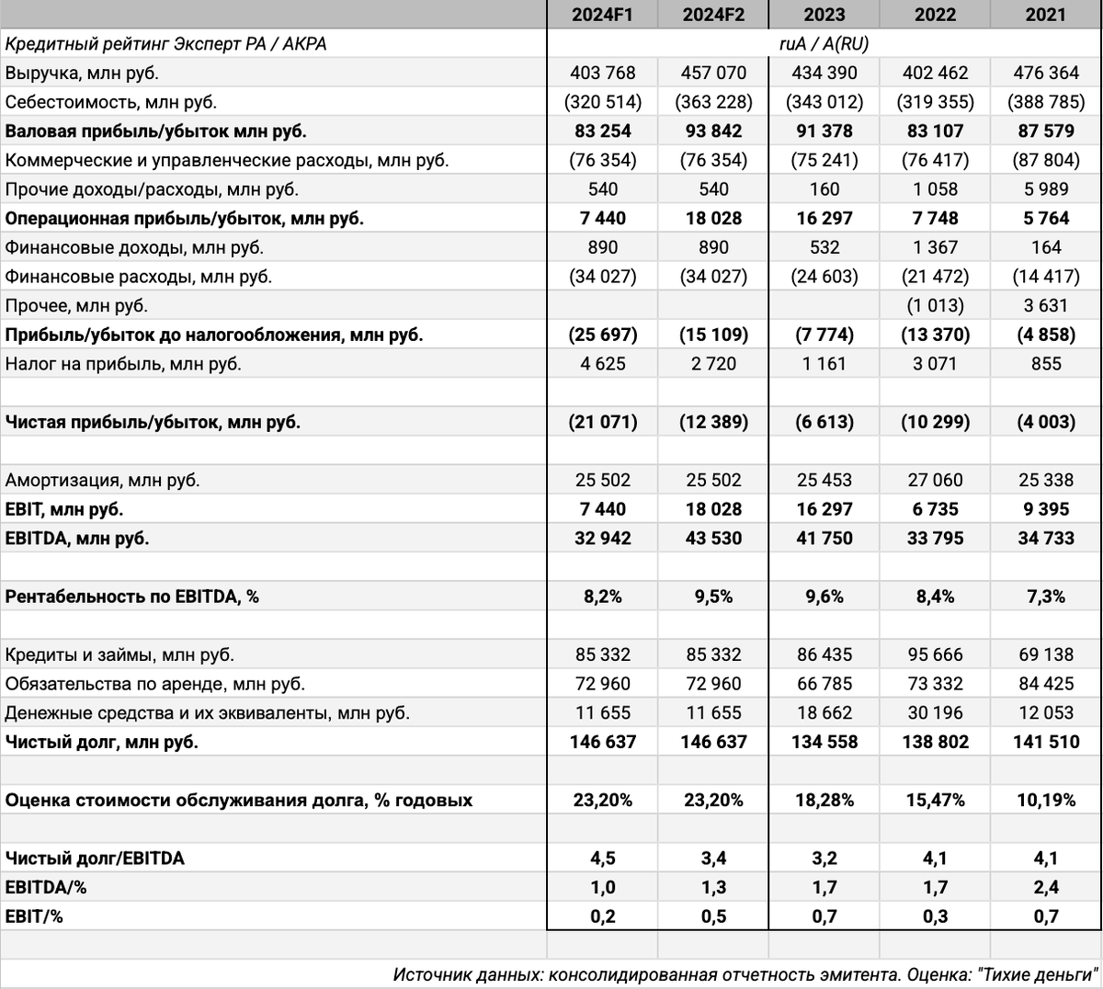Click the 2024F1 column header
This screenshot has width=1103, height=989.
(603, 15)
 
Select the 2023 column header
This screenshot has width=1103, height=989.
(824, 15)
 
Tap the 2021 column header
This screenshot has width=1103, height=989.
(1046, 15)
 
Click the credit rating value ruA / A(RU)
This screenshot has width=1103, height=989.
(824, 43)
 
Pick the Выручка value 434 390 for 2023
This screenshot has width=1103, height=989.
(824, 73)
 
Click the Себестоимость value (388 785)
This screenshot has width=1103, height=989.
(1046, 102)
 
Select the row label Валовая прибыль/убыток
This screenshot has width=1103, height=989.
(156, 131)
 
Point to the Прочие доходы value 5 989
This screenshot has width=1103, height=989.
(1046, 189)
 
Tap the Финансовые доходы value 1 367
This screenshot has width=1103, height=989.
(936, 247)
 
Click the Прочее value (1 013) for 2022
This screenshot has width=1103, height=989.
(936, 305)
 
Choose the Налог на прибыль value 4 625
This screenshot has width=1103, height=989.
(603, 364)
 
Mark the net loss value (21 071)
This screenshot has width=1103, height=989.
(603, 422)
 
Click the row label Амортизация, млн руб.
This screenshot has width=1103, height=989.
(103, 480)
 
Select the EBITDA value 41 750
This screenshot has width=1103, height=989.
(824, 539)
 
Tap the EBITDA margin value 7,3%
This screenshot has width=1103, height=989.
(1046, 597)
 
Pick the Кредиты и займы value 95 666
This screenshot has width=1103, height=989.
(936, 654)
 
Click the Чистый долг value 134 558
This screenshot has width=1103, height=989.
(824, 742)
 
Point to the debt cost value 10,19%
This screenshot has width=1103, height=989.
(1046, 800)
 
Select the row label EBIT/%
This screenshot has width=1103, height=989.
(34, 916)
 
